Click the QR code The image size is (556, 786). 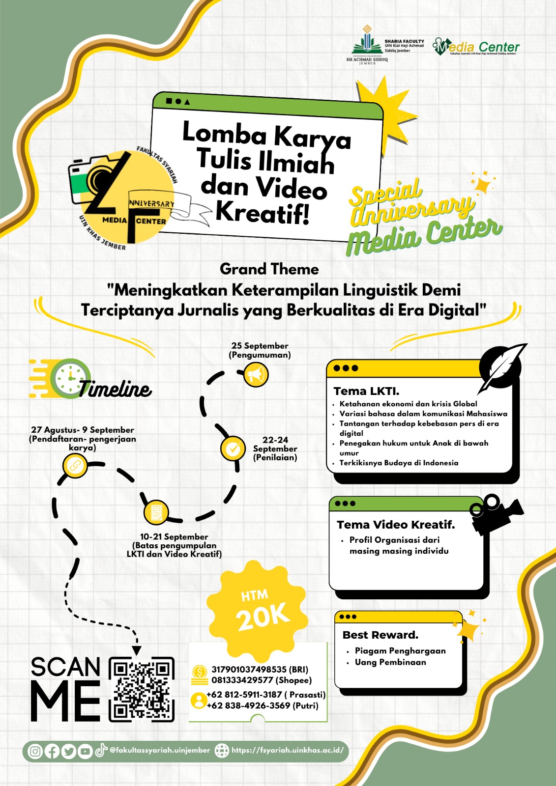[142, 689]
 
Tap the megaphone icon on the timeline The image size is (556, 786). [256, 375]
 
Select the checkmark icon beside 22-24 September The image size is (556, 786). [233, 448]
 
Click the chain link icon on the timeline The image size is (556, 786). [75, 465]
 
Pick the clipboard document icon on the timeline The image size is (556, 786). [156, 512]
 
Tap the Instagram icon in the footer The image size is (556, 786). [35, 751]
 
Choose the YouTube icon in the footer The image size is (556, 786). [85, 751]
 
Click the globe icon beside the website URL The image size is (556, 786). [222, 751]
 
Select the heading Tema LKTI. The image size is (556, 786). [366, 392]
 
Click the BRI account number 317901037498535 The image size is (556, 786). [249, 670]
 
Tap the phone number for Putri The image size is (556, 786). [248, 706]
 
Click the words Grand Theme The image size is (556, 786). [269, 269]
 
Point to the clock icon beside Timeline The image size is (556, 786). [70, 378]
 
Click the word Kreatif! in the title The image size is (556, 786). [263, 213]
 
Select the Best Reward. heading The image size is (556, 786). [380, 635]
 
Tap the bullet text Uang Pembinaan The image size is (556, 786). [390, 662]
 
